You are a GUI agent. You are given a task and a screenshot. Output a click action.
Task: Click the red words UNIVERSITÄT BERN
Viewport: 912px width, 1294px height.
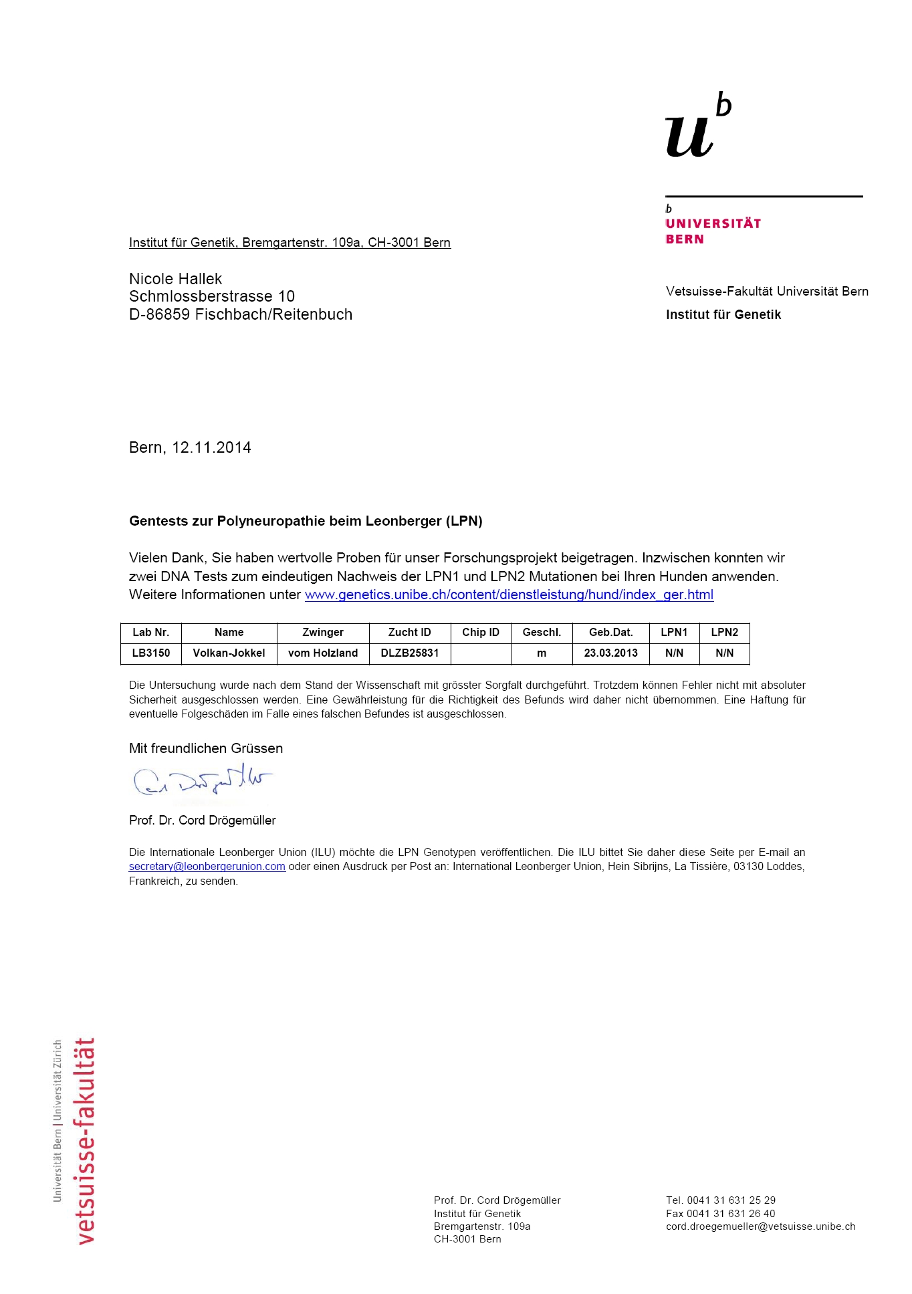713,231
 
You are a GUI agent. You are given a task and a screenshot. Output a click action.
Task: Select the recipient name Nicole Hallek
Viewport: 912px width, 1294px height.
175,279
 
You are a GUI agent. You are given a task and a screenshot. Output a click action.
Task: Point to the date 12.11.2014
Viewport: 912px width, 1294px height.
211,447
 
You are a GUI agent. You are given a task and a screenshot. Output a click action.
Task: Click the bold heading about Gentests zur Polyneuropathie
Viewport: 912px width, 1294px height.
306,521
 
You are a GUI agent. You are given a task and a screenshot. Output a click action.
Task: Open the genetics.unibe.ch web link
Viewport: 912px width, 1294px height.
509,595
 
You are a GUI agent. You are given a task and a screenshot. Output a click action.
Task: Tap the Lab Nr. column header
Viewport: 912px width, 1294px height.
150,633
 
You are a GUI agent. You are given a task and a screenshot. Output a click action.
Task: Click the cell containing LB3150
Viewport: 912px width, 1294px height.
150,653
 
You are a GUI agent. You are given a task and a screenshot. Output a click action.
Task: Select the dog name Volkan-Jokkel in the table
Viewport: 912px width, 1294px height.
229,653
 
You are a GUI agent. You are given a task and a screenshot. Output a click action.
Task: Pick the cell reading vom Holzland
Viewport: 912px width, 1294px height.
323,653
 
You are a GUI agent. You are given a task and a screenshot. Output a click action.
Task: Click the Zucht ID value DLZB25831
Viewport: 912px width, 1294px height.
410,653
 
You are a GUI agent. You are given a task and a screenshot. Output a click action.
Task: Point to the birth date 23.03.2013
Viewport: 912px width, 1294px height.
610,653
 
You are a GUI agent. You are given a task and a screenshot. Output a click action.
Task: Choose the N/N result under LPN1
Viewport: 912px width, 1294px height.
674,653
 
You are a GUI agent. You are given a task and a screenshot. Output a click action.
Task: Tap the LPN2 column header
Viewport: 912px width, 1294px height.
724,633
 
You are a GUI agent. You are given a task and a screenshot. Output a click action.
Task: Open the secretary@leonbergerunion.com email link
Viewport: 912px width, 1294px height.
207,867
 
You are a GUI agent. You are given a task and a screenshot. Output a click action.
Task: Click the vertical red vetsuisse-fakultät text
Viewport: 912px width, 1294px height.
86,1140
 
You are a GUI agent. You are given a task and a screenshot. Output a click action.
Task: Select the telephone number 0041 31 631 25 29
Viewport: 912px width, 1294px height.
731,1200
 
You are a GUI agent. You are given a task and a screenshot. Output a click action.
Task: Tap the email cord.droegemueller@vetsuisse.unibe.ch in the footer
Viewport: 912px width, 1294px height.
760,1226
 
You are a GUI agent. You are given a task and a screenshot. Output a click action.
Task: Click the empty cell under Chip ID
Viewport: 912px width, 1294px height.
481,653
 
